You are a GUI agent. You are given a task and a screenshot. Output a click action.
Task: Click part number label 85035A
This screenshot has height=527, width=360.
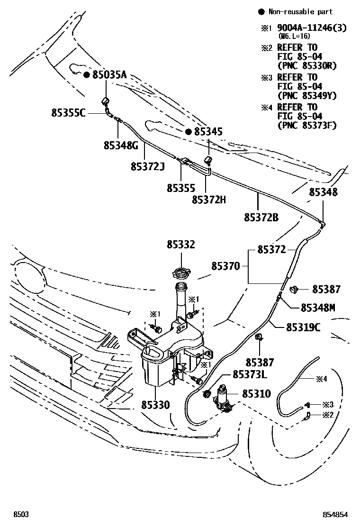click(x=109, y=75)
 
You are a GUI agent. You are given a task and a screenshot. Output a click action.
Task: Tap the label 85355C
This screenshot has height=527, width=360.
click(x=69, y=113)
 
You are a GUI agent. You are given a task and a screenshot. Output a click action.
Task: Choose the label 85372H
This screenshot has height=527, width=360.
click(x=209, y=200)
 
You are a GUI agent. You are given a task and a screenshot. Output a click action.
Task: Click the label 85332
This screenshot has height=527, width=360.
click(x=180, y=245)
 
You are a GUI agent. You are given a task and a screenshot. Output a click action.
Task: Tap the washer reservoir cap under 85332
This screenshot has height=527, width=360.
click(x=181, y=273)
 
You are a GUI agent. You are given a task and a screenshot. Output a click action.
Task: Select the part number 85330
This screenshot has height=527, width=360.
click(x=155, y=405)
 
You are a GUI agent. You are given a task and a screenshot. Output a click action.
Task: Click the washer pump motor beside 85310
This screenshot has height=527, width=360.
click(x=223, y=398)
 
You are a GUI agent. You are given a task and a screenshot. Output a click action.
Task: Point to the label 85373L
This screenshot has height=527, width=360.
click(x=250, y=375)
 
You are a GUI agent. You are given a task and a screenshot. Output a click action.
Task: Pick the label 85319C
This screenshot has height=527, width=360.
click(x=303, y=327)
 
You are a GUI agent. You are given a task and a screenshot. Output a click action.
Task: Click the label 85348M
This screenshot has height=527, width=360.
click(x=318, y=308)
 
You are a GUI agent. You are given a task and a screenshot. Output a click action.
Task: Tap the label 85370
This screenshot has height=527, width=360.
click(x=225, y=266)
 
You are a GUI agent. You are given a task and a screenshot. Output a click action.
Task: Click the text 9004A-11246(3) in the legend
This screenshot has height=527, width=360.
click(x=312, y=28)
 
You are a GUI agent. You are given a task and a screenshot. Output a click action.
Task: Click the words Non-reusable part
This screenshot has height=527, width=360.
click(x=300, y=12)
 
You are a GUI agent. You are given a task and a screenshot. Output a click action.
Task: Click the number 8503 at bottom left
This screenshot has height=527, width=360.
click(x=21, y=514)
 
